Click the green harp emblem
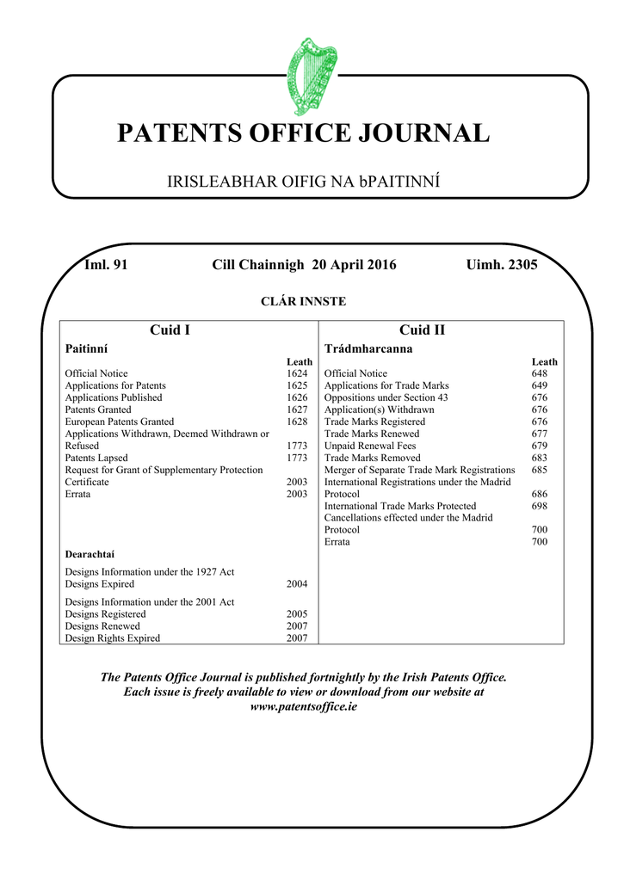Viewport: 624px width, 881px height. [311, 71]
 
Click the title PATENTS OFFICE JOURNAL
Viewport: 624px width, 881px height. [303, 133]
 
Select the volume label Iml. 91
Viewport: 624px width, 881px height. [106, 265]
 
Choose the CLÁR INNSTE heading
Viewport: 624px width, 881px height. [302, 301]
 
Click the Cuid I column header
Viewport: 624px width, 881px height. [170, 330]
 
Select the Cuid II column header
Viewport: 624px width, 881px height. [422, 330]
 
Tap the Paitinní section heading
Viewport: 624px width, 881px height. [87, 348]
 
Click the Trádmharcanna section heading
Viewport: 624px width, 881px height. [368, 348]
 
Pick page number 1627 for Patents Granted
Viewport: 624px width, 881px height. [297, 410]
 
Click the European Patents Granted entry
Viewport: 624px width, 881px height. [120, 422]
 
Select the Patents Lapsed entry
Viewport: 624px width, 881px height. [96, 459]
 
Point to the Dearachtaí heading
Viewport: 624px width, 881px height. [90, 553]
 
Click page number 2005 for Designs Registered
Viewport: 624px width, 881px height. [297, 614]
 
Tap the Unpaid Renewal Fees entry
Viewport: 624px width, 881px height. [369, 447]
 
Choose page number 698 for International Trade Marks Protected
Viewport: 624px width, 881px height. [539, 507]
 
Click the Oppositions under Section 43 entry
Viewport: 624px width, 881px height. [386, 398]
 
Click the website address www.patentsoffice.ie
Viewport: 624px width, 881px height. [303, 706]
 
